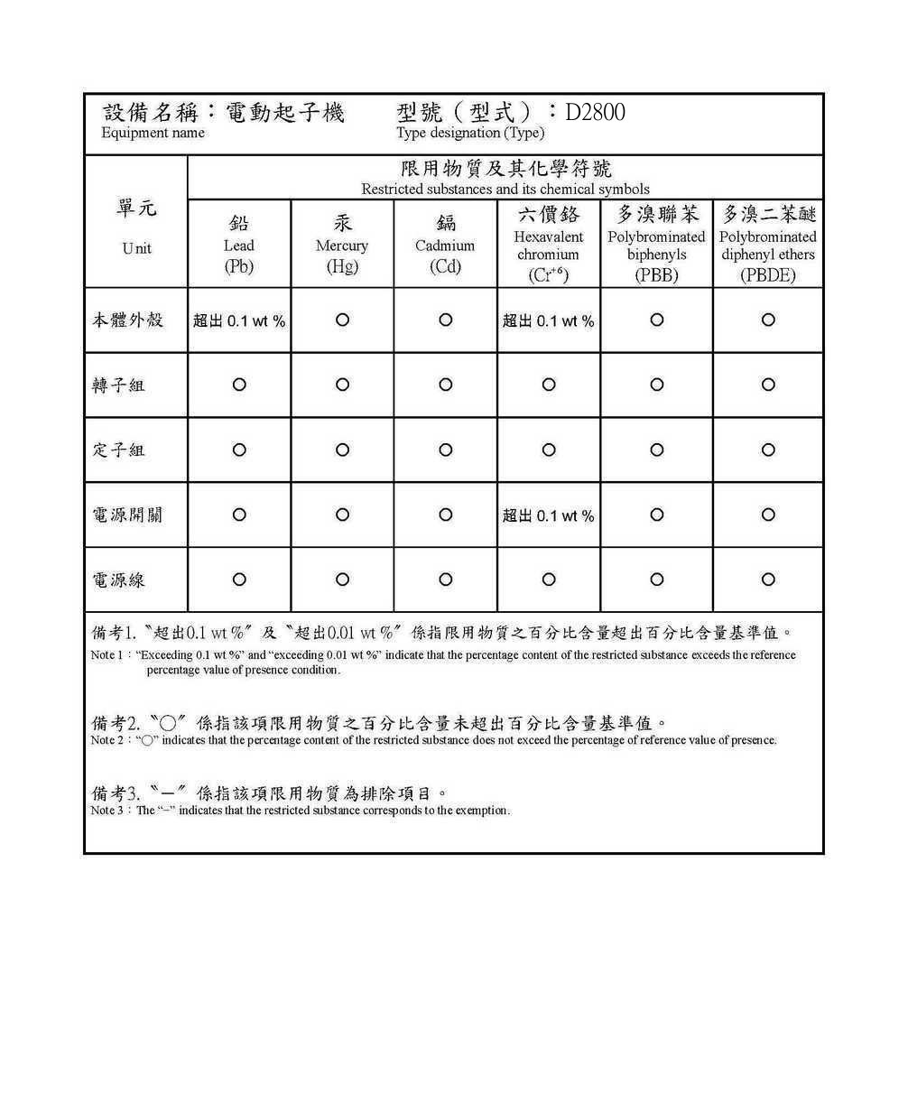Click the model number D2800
pos(595,113)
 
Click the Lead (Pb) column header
pos(239,245)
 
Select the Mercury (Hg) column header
pos(342,245)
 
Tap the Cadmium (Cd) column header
pos(445,245)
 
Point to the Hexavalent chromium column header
pos(549,245)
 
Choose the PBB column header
pos(656,245)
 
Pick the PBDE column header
pos(768,245)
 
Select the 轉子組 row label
pos(118,385)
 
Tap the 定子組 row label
pos(118,450)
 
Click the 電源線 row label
pos(118,580)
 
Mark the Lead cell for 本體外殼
pos(239,320)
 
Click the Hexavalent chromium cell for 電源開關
pos(549,515)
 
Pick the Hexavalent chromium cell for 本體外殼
pos(549,320)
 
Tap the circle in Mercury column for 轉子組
pos(342,385)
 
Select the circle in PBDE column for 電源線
pos(768,579)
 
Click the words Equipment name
pos(153,134)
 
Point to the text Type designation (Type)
pos(470,134)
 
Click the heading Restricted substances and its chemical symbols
pos(505,190)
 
